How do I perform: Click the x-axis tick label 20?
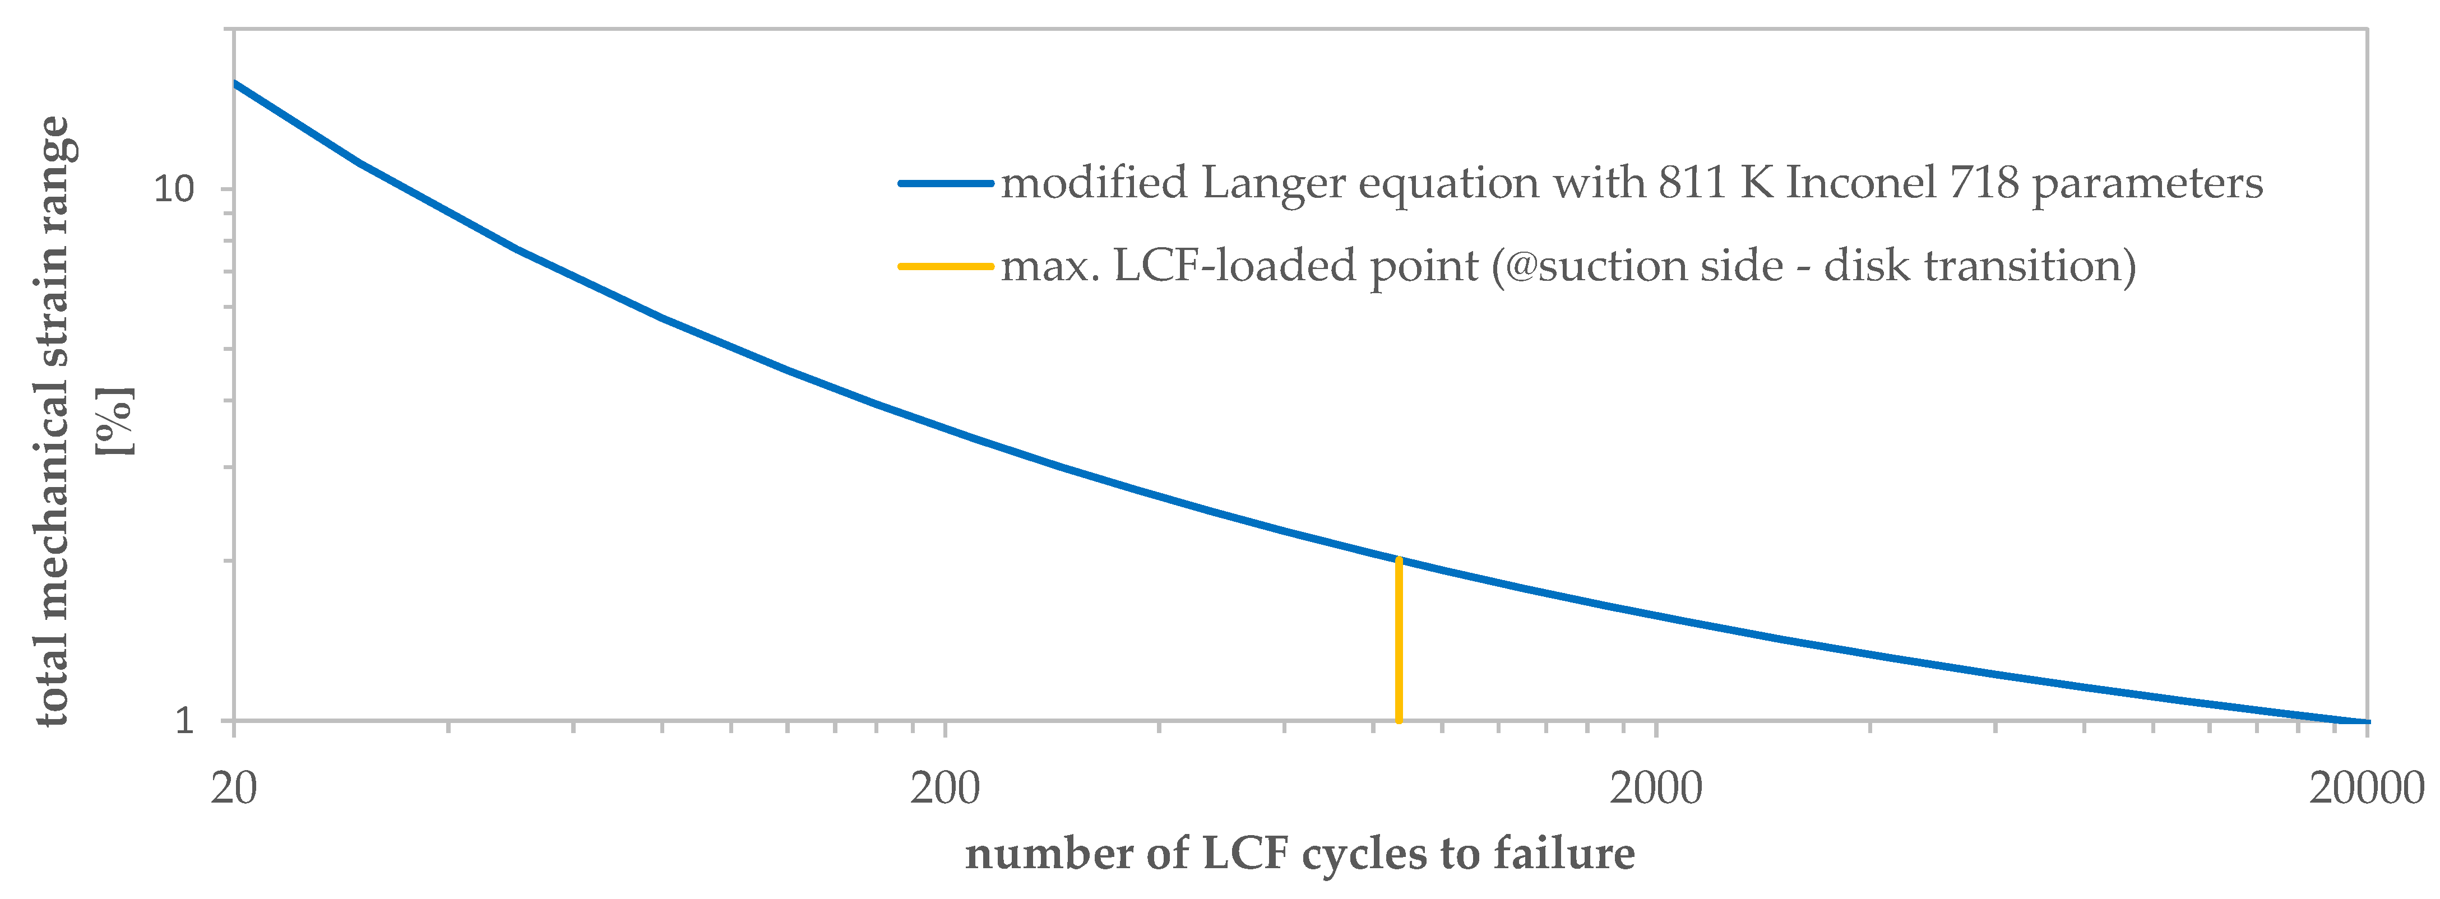coord(233,788)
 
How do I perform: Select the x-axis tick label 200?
coord(944,788)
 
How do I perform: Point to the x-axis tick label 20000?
coord(2365,788)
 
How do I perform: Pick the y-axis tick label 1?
coord(185,721)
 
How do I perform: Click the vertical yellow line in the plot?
coord(1399,644)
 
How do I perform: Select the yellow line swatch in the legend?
coord(945,266)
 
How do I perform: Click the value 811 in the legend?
coord(1693,182)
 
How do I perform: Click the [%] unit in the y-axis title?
coord(115,420)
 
